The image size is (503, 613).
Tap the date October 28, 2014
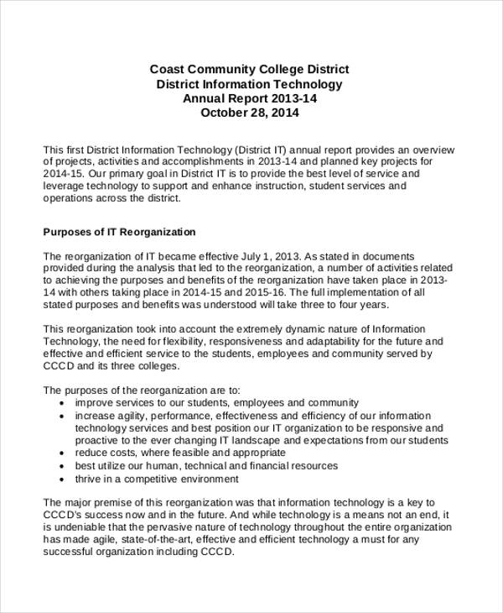250,113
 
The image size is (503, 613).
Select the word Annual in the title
204,98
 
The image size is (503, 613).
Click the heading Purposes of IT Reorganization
119,231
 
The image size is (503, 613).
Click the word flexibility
182,342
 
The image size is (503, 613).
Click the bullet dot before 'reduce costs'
64,453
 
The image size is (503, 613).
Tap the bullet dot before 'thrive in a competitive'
64,479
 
